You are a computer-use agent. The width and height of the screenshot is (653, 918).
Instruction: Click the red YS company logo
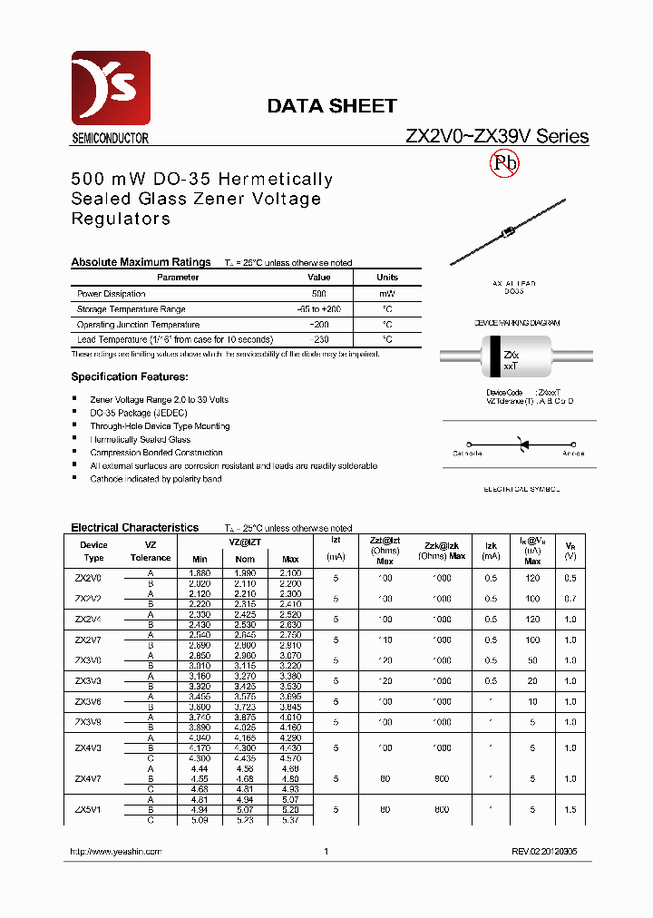point(111,89)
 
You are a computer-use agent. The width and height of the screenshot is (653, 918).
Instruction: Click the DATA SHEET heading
point(331,106)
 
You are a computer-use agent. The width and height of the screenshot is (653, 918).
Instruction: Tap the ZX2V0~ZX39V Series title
point(496,137)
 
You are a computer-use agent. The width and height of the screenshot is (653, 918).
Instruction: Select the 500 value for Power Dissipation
point(318,294)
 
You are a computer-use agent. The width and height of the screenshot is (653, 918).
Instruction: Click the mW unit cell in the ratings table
point(387,294)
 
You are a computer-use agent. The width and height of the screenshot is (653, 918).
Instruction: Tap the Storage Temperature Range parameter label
point(132,309)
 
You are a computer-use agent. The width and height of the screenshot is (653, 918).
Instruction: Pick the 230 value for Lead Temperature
point(318,339)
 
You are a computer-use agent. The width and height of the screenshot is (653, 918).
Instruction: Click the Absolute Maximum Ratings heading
point(141,262)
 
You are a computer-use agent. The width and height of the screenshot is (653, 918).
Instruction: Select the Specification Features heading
point(130,376)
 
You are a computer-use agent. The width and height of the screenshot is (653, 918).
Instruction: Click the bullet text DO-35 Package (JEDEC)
point(139,413)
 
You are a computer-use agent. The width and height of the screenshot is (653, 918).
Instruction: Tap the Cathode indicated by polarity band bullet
point(155,479)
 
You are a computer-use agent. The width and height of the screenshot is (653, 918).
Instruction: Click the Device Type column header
point(93,552)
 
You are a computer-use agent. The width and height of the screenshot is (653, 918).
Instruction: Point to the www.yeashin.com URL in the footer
point(116,852)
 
